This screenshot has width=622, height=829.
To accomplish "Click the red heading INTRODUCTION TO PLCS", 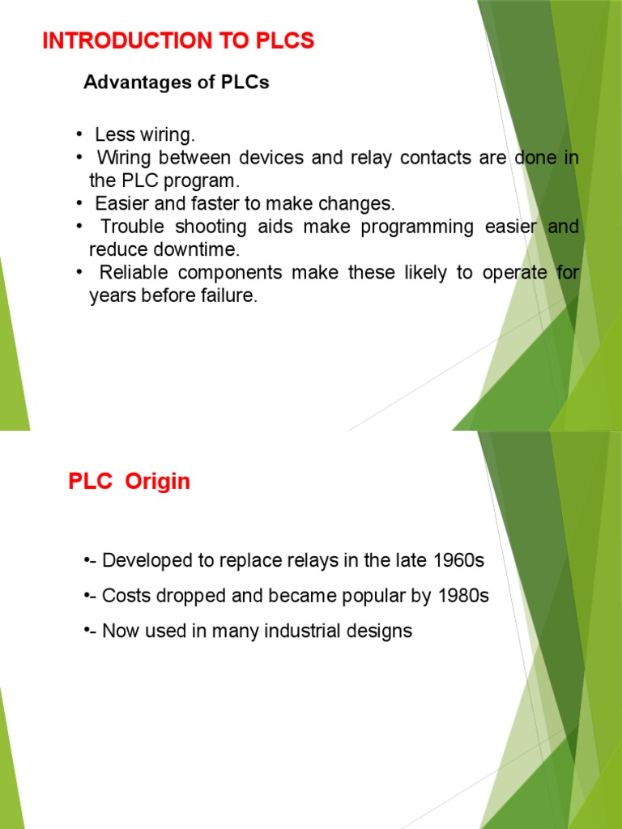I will pyautogui.click(x=178, y=41).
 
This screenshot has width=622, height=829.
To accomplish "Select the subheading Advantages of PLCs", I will pyautogui.click(x=177, y=83).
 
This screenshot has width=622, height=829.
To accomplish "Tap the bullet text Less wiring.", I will pyautogui.click(x=145, y=134).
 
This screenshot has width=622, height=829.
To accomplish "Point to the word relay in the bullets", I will pyautogui.click(x=371, y=157).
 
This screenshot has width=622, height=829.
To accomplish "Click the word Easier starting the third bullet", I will pyautogui.click(x=121, y=202).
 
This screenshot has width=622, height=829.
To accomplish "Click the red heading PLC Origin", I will pyautogui.click(x=130, y=482).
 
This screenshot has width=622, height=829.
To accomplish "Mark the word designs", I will pyautogui.click(x=381, y=631).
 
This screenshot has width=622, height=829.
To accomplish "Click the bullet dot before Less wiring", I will pyautogui.click(x=79, y=134).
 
